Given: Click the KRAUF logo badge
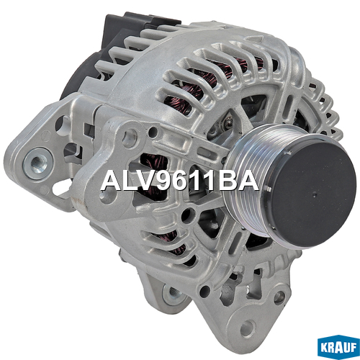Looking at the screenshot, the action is coord(338,347).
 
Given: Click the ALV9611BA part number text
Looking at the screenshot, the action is coord(180,180).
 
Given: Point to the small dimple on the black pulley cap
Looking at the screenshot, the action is coord(315,195).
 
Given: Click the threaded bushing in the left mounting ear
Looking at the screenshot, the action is coord(38,163).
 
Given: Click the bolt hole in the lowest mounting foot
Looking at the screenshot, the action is coord(247,328).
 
